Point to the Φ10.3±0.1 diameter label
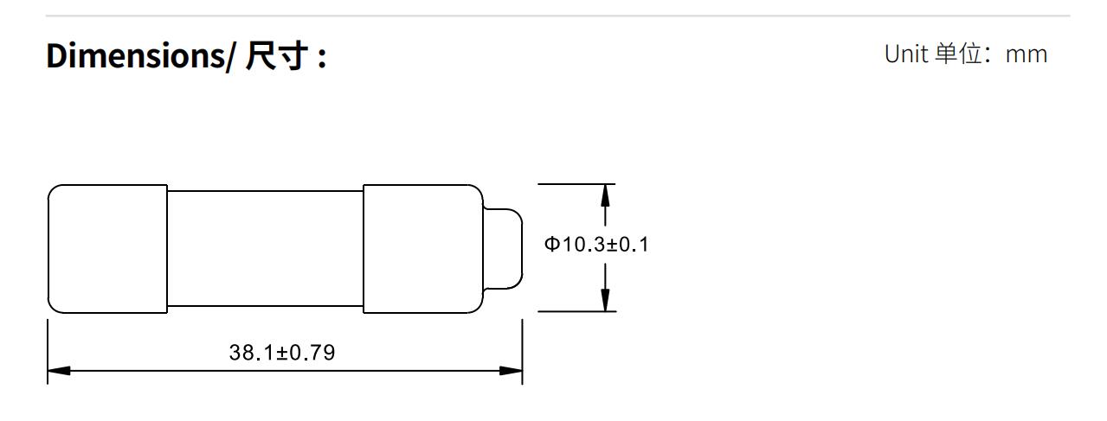[x=596, y=245]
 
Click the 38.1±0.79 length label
[x=282, y=353]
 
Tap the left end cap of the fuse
[x=107, y=248]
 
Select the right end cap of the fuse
[x=422, y=248]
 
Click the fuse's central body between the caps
[x=265, y=248]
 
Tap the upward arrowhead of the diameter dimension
[x=605, y=195]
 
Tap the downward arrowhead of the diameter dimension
[x=605, y=300]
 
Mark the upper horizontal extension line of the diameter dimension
[x=576, y=184]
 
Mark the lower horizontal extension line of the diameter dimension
[x=576, y=311]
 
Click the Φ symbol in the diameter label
[x=551, y=245]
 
